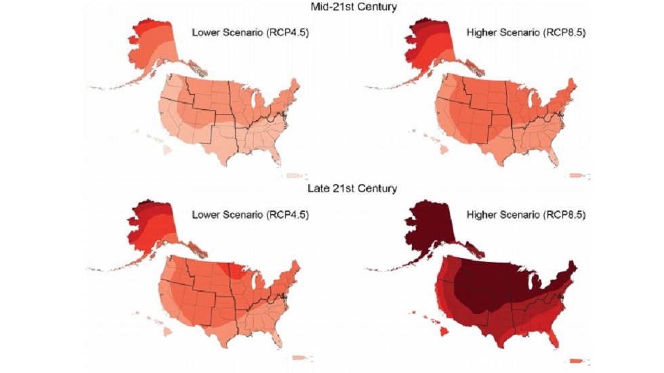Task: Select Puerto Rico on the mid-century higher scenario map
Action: click(577, 175)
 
